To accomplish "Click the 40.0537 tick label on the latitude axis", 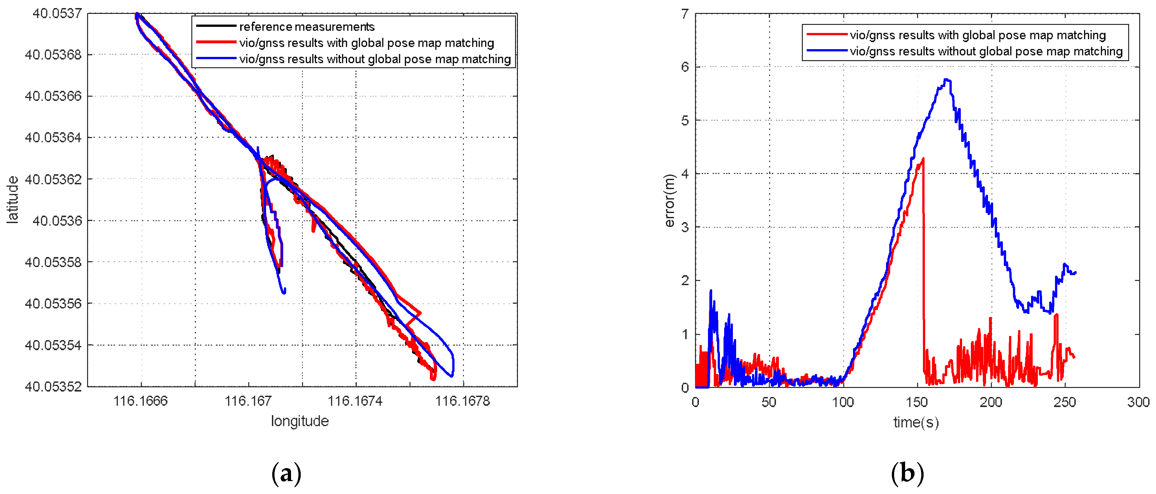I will point(57,14).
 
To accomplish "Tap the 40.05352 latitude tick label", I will point(53,386).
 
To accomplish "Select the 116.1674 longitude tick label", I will point(355,401).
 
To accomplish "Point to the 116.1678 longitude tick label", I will point(462,401).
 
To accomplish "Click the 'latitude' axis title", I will point(13,199).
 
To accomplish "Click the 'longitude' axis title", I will point(300,421).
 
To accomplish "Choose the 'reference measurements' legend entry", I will point(307,27).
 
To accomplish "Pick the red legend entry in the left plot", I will point(366,43).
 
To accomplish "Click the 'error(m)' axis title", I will point(669,200).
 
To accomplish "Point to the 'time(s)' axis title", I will point(916,422).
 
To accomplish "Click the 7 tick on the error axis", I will point(685,14).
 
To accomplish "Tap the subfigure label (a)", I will point(286,473).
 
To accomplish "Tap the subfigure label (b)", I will point(907,473).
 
